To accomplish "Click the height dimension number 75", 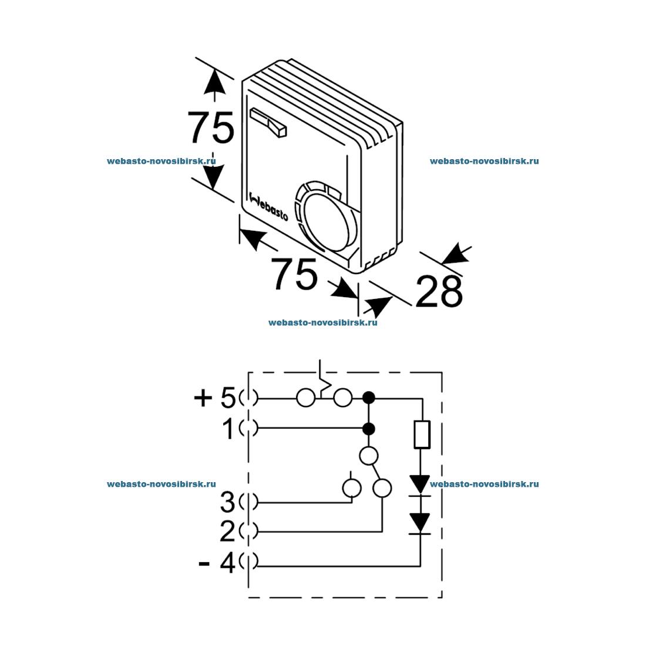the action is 211,127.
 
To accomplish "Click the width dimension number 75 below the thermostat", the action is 294,274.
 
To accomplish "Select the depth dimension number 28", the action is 439,291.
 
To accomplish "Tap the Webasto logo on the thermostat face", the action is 269,206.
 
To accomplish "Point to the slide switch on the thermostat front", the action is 268,122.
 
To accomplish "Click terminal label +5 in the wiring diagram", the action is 214,398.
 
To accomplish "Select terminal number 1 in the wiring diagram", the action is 228,429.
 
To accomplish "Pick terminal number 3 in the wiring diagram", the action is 227,502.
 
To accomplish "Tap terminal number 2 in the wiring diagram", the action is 227,531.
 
